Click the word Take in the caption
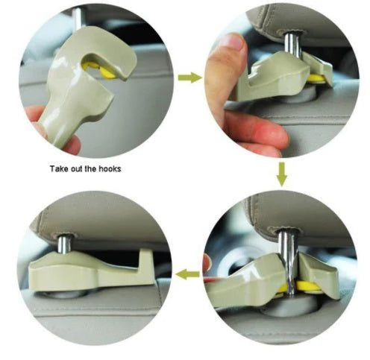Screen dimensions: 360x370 click(60, 168)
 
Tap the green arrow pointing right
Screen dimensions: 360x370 click(190, 77)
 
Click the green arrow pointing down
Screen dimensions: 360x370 click(280, 174)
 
